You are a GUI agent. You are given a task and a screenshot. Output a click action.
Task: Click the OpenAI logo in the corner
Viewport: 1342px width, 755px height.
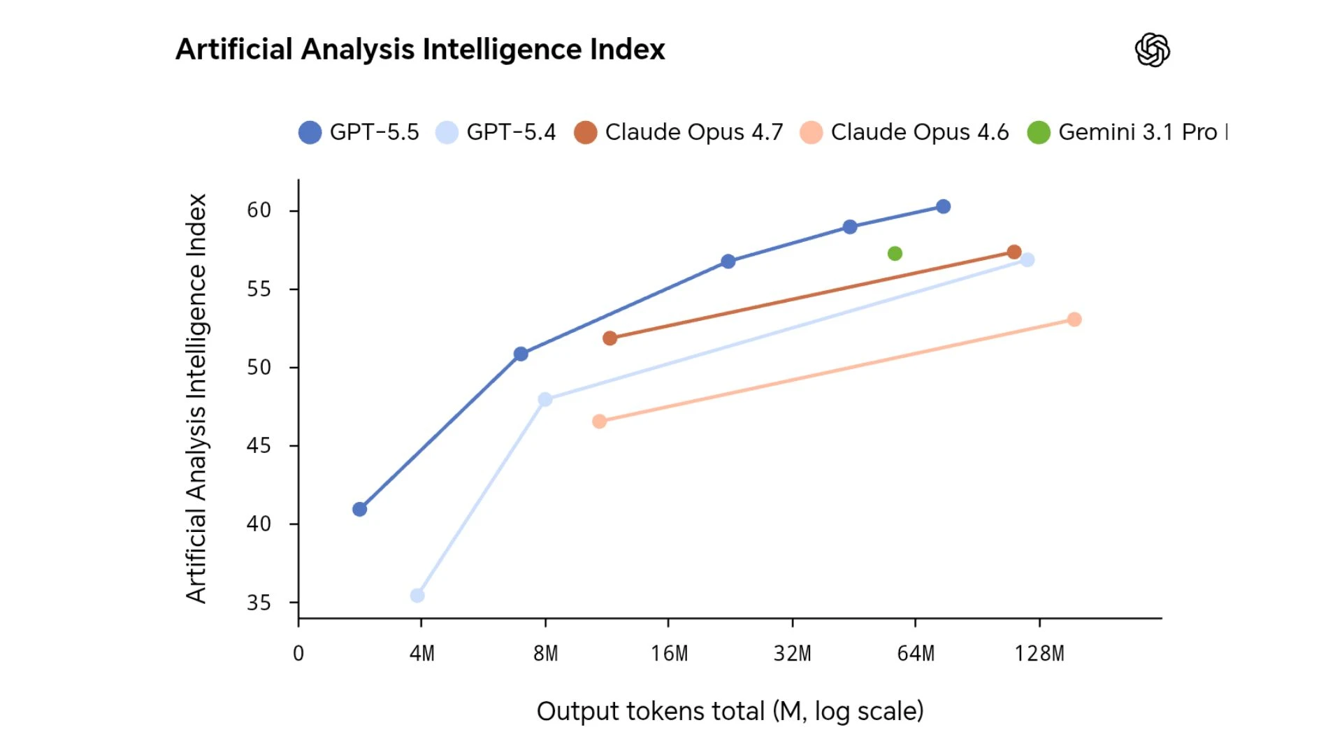pos(1152,50)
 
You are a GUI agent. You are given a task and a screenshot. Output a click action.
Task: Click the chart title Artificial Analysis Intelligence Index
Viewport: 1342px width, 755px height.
pos(420,50)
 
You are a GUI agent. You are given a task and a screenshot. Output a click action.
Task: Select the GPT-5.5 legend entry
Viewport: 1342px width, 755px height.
pos(359,132)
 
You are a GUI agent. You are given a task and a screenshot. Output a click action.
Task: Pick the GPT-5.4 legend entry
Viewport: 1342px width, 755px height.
pos(496,132)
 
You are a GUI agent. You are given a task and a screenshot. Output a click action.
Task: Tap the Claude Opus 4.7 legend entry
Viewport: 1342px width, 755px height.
pos(679,132)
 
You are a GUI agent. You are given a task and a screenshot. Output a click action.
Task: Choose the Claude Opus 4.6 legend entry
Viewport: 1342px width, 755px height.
pos(905,132)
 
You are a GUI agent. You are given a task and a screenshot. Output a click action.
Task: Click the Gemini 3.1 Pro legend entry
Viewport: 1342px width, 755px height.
pos(1127,132)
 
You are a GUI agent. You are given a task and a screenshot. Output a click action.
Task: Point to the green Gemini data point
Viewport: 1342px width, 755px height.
pos(895,254)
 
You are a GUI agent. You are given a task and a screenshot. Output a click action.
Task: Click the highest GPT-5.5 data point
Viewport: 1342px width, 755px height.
pos(943,207)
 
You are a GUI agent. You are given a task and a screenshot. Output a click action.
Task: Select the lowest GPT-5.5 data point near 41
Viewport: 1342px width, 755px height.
pos(359,510)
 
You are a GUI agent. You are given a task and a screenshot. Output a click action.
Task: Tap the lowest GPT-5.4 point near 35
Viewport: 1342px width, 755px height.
pos(417,596)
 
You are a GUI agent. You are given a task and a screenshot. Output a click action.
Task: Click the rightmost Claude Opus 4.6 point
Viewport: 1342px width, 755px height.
pos(1074,319)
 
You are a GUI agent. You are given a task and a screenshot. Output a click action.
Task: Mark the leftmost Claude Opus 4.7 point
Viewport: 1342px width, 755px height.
pos(609,338)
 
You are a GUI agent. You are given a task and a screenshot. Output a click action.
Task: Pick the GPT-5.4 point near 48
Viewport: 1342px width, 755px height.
pos(545,400)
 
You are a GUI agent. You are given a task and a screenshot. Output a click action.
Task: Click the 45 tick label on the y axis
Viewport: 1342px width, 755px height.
pos(259,445)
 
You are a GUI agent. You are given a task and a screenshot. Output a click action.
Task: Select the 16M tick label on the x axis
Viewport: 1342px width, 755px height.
pos(669,654)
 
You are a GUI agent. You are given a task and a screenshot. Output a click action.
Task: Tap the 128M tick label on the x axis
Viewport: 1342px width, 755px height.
pos(1039,654)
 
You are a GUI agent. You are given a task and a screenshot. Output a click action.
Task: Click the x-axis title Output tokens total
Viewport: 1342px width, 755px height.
pos(730,711)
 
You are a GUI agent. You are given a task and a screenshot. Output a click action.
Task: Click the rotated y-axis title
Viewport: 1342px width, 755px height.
pos(196,398)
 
